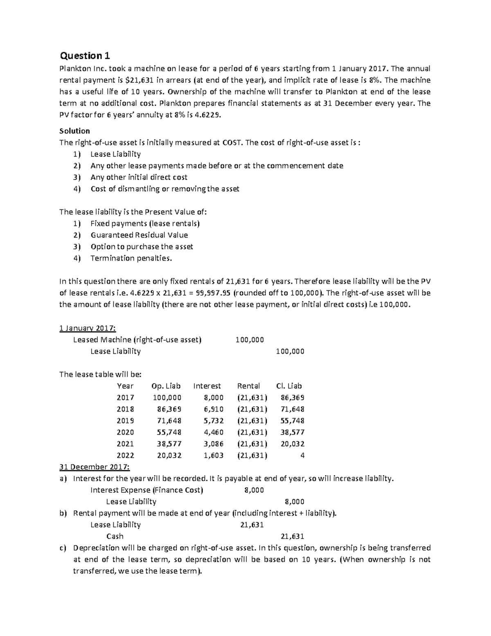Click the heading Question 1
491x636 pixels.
85,55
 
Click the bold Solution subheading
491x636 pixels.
74,131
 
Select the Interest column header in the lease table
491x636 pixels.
207,386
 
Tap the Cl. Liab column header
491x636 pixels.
289,386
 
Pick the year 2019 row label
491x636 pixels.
125,421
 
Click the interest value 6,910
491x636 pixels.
213,409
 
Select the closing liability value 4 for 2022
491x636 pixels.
302,455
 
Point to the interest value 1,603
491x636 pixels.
213,455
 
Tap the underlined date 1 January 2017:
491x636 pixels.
88,328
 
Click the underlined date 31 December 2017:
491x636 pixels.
95,467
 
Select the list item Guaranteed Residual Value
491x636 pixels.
139,235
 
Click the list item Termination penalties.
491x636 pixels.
131,258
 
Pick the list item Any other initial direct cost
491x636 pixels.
139,177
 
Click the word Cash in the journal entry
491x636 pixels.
115,536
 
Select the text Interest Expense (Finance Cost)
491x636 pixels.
146,490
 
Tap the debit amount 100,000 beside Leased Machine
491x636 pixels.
250,340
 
